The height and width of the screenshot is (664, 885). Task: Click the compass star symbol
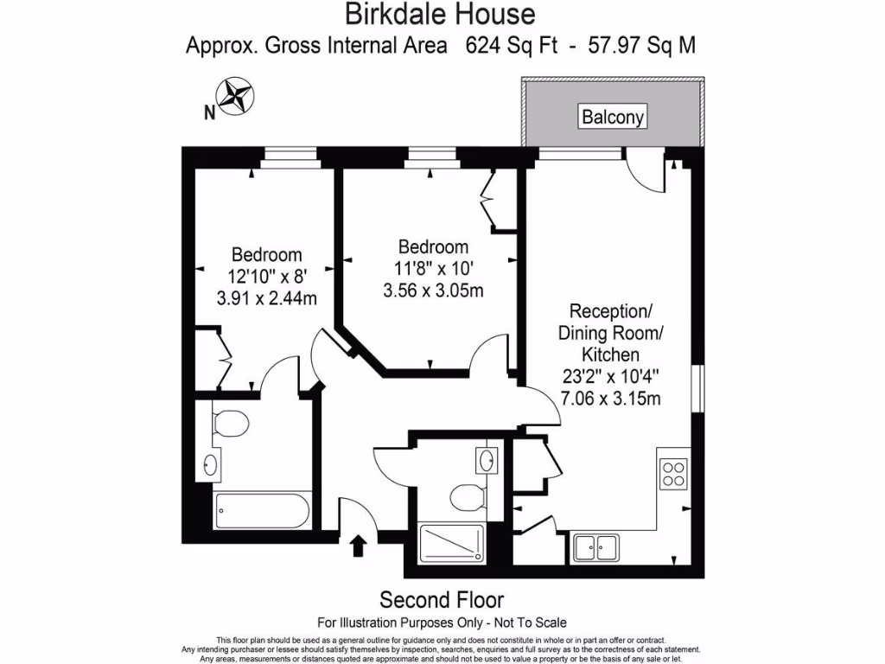click(234, 97)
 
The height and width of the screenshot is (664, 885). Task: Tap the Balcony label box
click(613, 117)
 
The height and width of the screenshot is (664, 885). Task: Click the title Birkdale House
click(440, 14)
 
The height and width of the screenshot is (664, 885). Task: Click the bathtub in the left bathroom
click(261, 510)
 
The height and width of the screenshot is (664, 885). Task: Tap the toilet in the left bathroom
click(229, 423)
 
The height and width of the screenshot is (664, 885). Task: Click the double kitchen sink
click(595, 546)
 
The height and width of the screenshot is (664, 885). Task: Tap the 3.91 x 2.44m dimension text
click(267, 298)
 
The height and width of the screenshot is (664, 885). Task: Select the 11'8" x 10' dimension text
click(432, 269)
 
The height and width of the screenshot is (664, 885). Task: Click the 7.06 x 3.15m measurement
click(610, 398)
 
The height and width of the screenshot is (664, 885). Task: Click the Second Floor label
click(442, 600)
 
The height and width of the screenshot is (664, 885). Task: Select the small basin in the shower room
click(487, 459)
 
